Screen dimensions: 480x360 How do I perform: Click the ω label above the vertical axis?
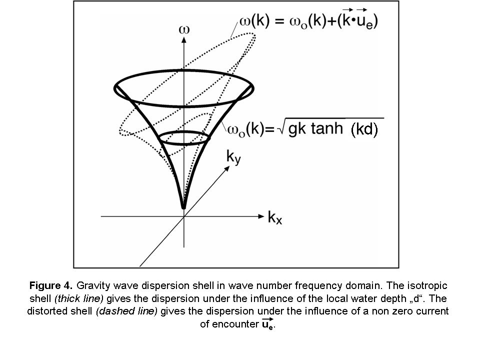[x=184, y=29]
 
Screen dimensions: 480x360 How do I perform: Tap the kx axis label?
[x=274, y=217]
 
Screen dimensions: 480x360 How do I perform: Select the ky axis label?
[x=233, y=157]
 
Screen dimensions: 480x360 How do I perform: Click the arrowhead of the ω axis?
[x=183, y=40]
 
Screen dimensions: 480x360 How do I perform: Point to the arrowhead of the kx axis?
[x=261, y=216]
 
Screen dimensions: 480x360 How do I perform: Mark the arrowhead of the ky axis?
[x=227, y=168]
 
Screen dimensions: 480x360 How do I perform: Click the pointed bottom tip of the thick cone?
[x=183, y=208]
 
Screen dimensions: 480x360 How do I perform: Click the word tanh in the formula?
[x=327, y=127]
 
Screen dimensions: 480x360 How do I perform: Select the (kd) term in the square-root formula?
[x=364, y=129]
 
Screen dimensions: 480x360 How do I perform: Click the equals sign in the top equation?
[x=280, y=21]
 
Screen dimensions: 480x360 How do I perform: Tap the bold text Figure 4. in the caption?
[x=51, y=285]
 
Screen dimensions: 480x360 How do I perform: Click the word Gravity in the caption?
[x=93, y=285]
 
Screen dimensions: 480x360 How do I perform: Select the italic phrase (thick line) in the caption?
[x=79, y=298]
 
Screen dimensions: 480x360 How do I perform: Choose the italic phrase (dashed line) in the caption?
[x=126, y=311]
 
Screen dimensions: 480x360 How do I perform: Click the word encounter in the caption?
[x=235, y=324]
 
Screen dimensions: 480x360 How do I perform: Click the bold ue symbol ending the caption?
[x=267, y=324]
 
